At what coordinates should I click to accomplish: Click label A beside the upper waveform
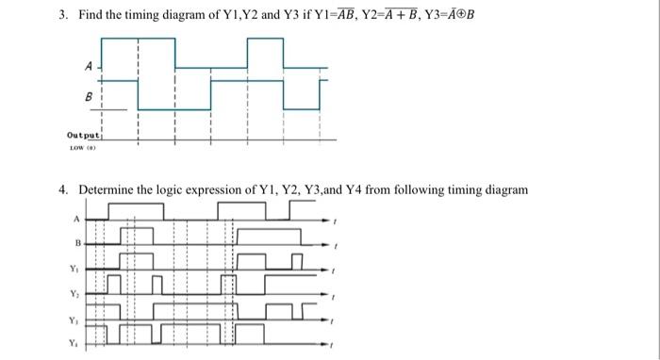tap(88, 67)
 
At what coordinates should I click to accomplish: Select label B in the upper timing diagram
tap(90, 95)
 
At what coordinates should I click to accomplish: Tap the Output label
tap(83, 136)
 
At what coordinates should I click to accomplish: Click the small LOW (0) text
tap(79, 148)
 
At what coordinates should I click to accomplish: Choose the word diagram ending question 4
tap(504, 190)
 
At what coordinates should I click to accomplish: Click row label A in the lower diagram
tap(75, 219)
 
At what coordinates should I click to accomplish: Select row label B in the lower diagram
tap(75, 244)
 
